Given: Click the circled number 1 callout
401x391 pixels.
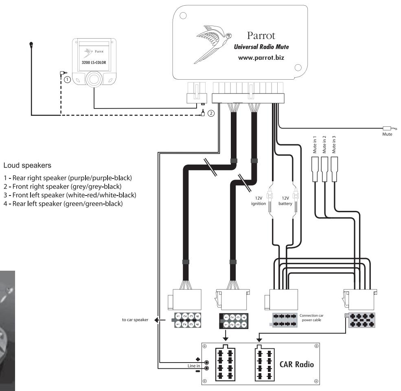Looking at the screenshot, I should tap(67, 79).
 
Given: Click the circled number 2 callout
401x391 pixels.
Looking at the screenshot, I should tap(210, 113).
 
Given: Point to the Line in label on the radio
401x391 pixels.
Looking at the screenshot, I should tap(194, 365).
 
